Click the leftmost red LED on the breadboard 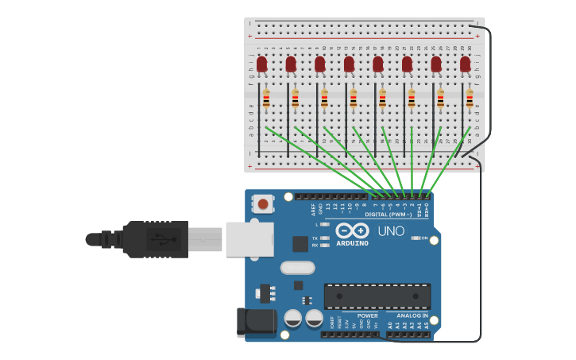click(261, 64)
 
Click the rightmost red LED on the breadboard click(465, 64)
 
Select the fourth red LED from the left click(349, 64)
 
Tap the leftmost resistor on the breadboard click(266, 99)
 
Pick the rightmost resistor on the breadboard click(470, 99)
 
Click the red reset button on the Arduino click(263, 204)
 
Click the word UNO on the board click(390, 231)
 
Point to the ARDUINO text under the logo click(352, 243)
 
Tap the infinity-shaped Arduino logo click(352, 230)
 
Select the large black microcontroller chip click(377, 296)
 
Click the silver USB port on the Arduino click(249, 239)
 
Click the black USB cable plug click(155, 238)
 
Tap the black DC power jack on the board click(256, 322)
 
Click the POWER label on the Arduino click(367, 315)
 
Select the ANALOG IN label click(412, 315)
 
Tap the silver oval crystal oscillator click(297, 268)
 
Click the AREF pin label click(313, 209)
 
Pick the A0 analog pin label click(389, 325)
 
